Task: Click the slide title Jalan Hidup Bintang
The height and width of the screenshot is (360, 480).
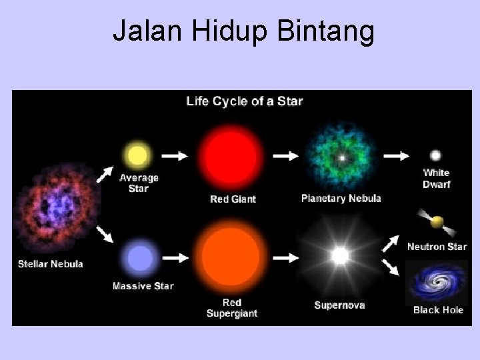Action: coord(243,31)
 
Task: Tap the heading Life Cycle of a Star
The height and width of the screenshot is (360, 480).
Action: coord(244,101)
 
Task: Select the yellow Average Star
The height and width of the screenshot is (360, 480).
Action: coord(137,156)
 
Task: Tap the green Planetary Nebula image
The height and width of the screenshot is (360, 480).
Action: coord(341,159)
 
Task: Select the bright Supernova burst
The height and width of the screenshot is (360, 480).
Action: coord(340,256)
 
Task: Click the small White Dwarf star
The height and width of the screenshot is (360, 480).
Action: coord(435,155)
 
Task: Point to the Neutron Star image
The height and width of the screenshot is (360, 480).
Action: coord(436,222)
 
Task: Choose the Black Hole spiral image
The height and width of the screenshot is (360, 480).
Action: coord(437,283)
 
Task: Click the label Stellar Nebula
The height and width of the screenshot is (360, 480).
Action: coord(51,263)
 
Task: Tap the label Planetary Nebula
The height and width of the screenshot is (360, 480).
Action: coord(341,198)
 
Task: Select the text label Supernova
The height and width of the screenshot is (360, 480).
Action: coord(340,305)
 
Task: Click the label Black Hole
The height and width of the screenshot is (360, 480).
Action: coord(438,310)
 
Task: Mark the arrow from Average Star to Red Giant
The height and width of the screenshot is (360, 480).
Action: coord(175,156)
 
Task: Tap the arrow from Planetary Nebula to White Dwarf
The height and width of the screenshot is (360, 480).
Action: coord(397,156)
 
